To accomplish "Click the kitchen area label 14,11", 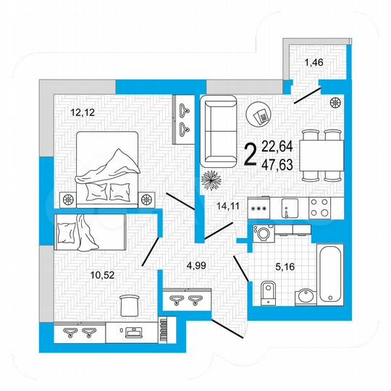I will [x=227, y=205].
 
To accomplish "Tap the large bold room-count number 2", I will [x=251, y=154].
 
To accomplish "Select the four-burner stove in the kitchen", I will [x=319, y=208].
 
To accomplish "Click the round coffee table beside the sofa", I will [x=258, y=114].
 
